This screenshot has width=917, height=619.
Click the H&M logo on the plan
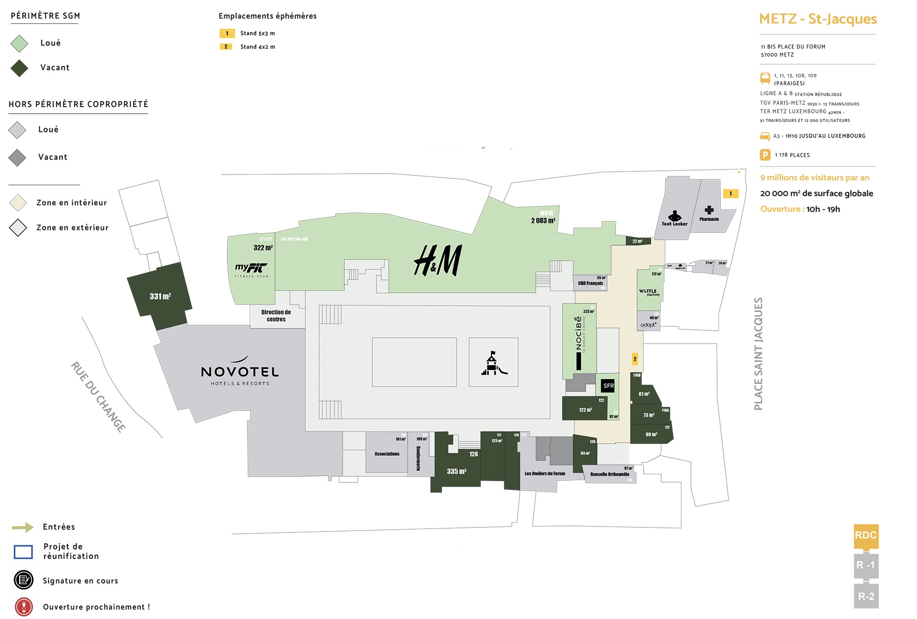[438, 260]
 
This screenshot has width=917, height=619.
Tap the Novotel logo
[240, 372]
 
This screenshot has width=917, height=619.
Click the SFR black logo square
[608, 386]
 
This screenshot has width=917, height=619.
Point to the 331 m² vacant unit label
[160, 296]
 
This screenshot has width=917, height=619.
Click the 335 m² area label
[457, 471]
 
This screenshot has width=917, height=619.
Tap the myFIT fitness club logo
[251, 269]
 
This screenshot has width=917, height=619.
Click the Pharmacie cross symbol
[709, 210]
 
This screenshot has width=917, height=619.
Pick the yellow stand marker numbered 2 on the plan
[635, 359]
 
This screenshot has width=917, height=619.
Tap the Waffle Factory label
[649, 292]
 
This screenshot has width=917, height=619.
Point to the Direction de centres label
[276, 316]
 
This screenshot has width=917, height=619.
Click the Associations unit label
[387, 454]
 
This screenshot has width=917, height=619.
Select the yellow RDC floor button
[866, 536]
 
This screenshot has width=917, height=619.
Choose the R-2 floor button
[866, 596]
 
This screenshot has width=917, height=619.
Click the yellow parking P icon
[765, 155]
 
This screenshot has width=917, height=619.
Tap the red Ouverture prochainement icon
[24, 607]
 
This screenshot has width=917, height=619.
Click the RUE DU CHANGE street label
[98, 397]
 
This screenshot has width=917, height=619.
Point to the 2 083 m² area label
[543, 221]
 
